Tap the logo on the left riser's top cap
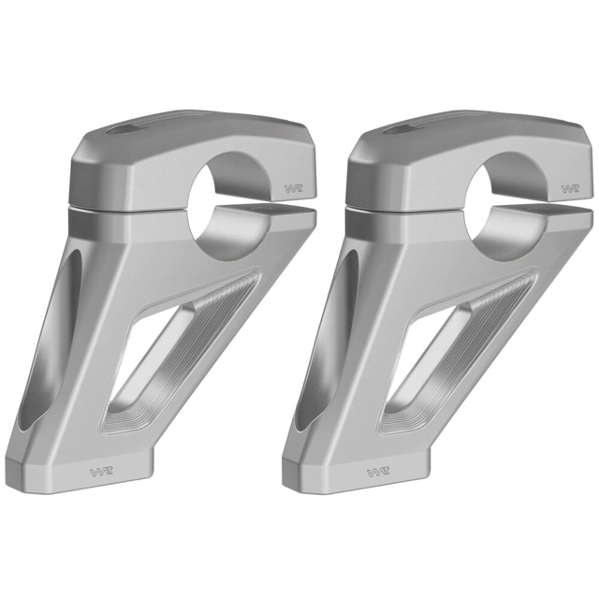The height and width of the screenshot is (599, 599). pos(292,188)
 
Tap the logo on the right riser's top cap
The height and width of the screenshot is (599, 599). pos(568,188)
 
